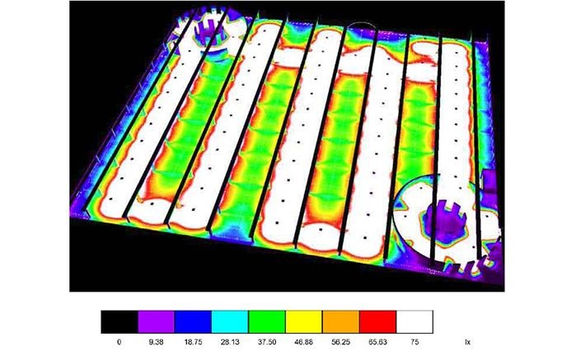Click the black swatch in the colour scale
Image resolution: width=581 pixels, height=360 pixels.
(x=119, y=322)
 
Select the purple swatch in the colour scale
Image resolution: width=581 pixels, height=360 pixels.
(x=156, y=322)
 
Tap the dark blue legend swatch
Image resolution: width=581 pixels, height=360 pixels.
(x=193, y=322)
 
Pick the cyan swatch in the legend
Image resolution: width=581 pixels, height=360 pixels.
(x=230, y=322)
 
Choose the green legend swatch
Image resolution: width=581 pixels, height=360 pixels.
(x=267, y=322)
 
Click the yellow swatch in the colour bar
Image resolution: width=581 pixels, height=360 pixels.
(x=303, y=322)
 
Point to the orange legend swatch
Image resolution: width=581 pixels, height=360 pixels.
(x=340, y=322)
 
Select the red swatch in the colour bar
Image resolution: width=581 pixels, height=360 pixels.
(x=377, y=322)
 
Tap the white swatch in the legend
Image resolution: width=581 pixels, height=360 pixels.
(x=415, y=322)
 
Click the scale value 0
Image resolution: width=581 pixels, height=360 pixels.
(x=119, y=342)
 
